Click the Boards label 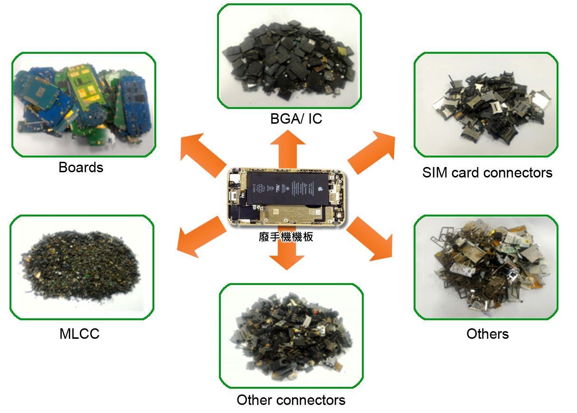pos(81,167)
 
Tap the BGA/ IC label pos(296,118)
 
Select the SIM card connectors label pos(487,172)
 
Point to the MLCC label pos(80,334)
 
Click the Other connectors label pos(291,400)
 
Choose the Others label pos(487,334)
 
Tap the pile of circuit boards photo pos(84,105)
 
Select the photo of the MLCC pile pos(82,267)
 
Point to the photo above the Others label pos(486,267)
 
